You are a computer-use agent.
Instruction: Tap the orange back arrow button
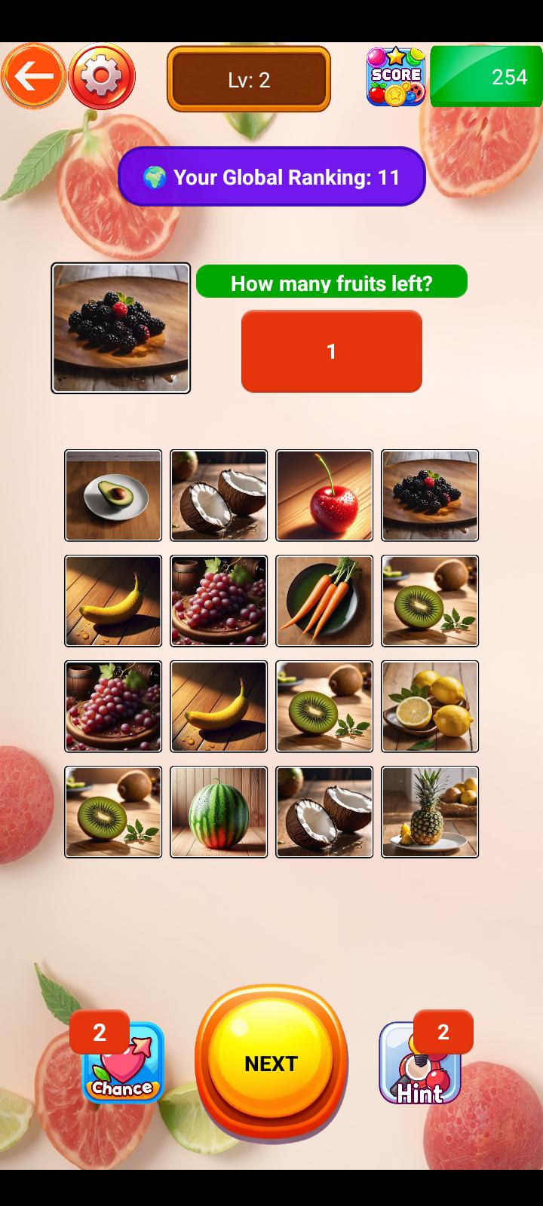tap(33, 76)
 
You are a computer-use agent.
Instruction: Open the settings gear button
tap(102, 76)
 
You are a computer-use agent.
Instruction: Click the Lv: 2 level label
tap(249, 80)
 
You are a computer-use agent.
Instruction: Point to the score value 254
tap(509, 77)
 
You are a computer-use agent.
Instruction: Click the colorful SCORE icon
tap(396, 76)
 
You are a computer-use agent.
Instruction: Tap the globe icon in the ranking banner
tap(155, 177)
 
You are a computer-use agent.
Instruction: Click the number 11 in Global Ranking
tap(388, 177)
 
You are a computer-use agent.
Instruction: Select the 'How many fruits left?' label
tap(331, 282)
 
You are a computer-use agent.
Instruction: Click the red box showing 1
tap(331, 351)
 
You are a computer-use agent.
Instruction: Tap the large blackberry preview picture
tap(121, 328)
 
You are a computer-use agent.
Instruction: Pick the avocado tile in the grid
tap(113, 494)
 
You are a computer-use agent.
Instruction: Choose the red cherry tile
tap(324, 494)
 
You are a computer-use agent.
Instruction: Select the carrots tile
tap(324, 600)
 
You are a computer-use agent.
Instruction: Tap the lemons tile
tap(430, 706)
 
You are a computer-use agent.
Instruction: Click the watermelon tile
tap(219, 811)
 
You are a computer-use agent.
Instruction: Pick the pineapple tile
tap(430, 811)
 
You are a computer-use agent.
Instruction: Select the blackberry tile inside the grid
tap(430, 494)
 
